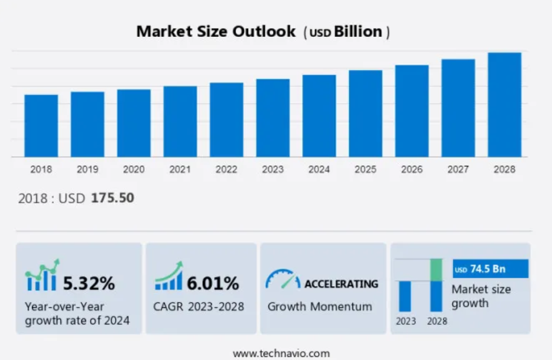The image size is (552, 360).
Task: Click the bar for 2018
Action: [x=41, y=126]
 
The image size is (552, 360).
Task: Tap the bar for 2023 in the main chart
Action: [x=273, y=118]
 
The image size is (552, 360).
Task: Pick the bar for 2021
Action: [x=180, y=122]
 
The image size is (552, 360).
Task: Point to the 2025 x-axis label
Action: [x=365, y=169]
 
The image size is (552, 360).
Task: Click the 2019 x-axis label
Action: [x=87, y=169]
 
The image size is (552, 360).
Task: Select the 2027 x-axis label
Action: [x=458, y=169]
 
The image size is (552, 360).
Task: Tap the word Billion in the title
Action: [x=358, y=31]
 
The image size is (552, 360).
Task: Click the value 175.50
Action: [x=112, y=198]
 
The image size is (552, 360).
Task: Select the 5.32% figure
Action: [x=89, y=283]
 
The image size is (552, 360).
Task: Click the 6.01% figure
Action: [x=212, y=283]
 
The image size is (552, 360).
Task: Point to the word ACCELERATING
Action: [x=341, y=284]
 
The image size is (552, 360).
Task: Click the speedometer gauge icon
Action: [x=282, y=279]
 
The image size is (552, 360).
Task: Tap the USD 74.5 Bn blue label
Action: [x=490, y=269]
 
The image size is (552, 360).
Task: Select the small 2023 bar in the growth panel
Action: [x=405, y=296]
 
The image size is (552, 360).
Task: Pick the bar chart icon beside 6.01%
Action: [x=169, y=277]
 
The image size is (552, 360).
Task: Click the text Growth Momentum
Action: [x=320, y=307]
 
